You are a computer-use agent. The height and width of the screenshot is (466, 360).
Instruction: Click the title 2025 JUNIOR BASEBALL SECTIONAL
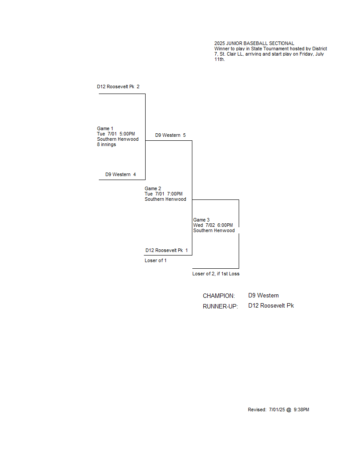pos(254,43)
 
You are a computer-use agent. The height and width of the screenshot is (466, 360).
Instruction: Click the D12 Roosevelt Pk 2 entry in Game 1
pos(118,87)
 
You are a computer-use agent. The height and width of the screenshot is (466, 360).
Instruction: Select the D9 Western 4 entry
pos(120,174)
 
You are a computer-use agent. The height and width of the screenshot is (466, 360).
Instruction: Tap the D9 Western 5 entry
pos(170,135)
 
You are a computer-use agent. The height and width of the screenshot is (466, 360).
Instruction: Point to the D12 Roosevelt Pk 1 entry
pos(167,251)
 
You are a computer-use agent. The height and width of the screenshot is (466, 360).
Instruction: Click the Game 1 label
pos(105,129)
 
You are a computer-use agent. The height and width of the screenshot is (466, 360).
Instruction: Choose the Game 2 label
pos(153,189)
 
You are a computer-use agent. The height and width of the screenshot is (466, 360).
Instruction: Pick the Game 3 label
pos(201,220)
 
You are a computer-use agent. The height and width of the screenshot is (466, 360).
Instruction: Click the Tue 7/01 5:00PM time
pos(116,134)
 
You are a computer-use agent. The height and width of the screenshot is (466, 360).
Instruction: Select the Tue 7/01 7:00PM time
pos(164,194)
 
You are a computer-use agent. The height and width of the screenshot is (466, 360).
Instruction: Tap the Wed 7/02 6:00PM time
pos(213,225)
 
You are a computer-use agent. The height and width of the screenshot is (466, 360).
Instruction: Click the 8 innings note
pos(107,145)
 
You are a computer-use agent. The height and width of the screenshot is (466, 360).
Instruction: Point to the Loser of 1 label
pos(156,261)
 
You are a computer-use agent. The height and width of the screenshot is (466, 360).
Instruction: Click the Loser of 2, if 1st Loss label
pos(216,274)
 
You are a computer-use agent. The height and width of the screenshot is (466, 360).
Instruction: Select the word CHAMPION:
pos(219,296)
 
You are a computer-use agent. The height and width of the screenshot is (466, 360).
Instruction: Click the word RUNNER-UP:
pos(221,306)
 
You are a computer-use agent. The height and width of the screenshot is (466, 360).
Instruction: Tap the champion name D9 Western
pos(264,296)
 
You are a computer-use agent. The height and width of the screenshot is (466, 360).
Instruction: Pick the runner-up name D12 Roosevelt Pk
pos(271,306)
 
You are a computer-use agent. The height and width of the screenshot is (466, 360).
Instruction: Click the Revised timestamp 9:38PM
pos(301,410)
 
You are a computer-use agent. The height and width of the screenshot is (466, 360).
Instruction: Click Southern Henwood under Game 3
pos(214,231)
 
